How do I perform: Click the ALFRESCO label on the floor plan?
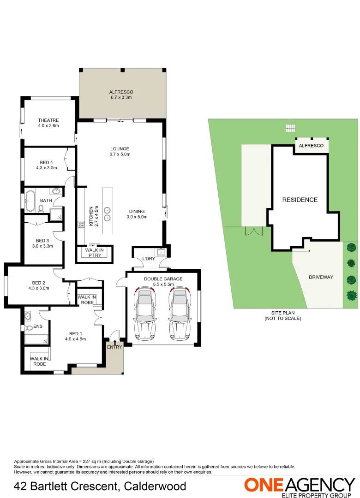(x=121, y=92)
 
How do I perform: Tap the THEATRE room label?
(x=48, y=120)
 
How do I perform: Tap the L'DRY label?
(x=149, y=259)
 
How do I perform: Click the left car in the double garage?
(x=145, y=313)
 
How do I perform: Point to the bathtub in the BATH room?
(x=31, y=201)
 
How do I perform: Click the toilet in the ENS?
(x=29, y=328)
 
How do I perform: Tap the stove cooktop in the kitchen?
(x=80, y=225)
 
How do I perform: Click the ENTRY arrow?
(x=115, y=341)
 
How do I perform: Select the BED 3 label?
(x=43, y=241)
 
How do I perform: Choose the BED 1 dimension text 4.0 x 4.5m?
(x=75, y=339)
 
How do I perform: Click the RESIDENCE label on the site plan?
(x=300, y=200)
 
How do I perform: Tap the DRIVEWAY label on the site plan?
(x=321, y=277)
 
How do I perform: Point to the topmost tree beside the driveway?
(x=351, y=247)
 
